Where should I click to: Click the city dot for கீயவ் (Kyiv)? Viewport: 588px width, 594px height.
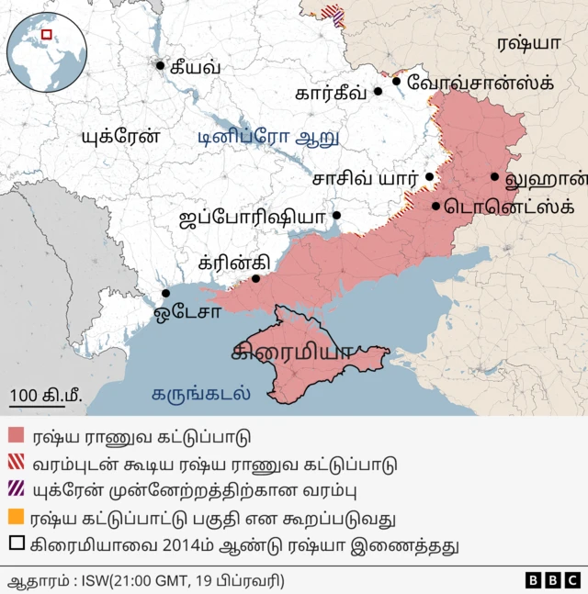(x=161, y=65)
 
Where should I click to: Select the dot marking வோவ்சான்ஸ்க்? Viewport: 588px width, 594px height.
(x=397, y=82)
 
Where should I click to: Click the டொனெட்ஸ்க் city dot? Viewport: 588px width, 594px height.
(x=435, y=206)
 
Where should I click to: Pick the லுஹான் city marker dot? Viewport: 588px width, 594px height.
(x=494, y=177)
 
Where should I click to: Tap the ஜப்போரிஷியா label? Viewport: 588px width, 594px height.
(x=254, y=218)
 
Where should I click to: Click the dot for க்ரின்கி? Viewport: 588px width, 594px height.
(x=256, y=278)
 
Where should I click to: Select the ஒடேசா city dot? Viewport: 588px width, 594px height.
(x=166, y=294)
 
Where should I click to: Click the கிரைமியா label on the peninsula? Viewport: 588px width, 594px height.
(x=293, y=352)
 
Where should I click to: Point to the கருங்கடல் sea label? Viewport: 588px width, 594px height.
(x=201, y=396)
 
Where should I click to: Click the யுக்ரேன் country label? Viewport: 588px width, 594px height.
(x=120, y=136)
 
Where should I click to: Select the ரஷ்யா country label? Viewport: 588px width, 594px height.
(x=528, y=43)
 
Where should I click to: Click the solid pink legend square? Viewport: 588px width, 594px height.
(x=17, y=436)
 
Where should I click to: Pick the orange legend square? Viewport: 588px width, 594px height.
(x=17, y=518)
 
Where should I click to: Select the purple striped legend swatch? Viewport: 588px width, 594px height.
(x=17, y=490)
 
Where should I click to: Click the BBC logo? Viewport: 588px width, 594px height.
(x=552, y=580)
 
